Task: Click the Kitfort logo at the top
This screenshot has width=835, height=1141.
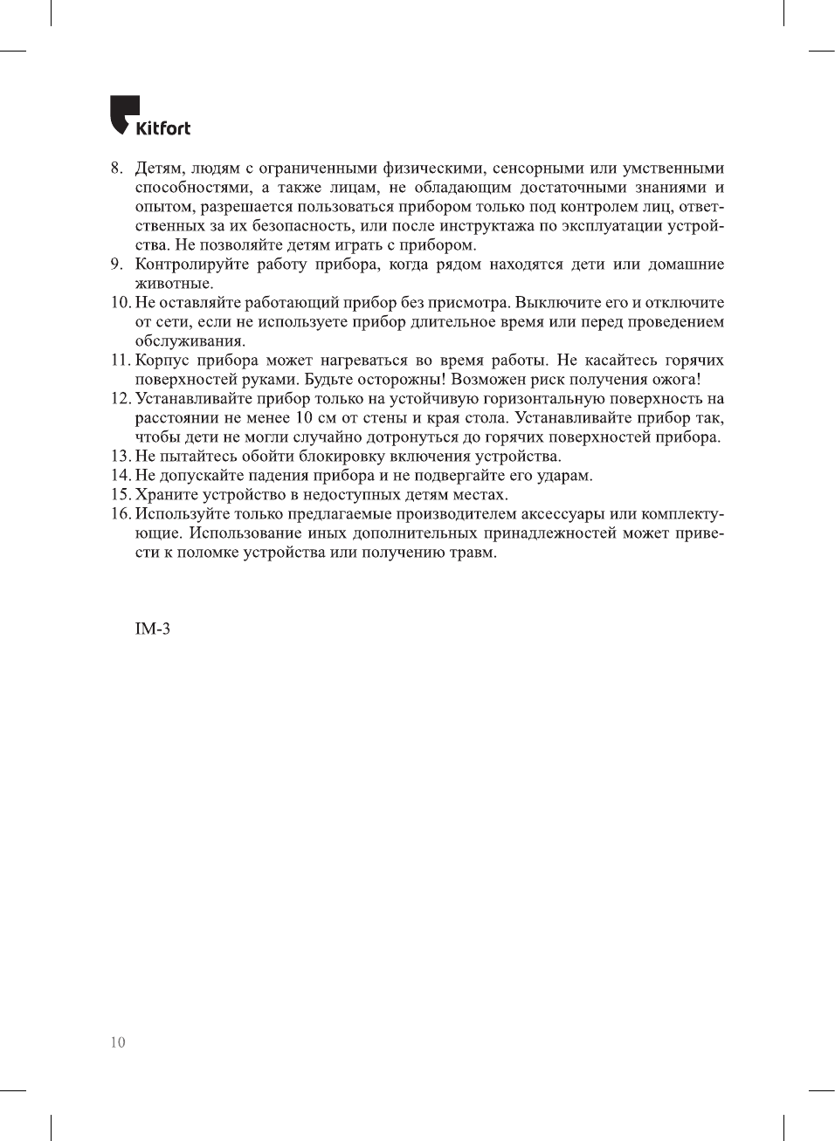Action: pyautogui.click(x=149, y=116)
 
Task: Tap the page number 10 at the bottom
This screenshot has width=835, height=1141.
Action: pyautogui.click(x=118, y=1041)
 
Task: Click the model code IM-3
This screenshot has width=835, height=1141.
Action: pyautogui.click(x=152, y=629)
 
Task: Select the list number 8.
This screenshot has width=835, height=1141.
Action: pyautogui.click(x=116, y=168)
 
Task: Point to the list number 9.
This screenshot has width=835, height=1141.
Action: pyautogui.click(x=116, y=264)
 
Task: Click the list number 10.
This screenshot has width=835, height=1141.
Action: pyautogui.click(x=120, y=302)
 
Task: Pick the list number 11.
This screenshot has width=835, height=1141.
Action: pyautogui.click(x=120, y=360)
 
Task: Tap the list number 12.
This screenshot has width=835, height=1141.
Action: pyautogui.click(x=120, y=398)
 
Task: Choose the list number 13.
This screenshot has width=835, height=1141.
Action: pyautogui.click(x=120, y=456)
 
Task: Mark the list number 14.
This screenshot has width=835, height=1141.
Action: pyautogui.click(x=120, y=475)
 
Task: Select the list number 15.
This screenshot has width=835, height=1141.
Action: pyautogui.click(x=120, y=494)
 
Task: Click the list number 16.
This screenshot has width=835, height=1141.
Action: pyautogui.click(x=120, y=513)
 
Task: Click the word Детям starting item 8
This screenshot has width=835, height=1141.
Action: pyautogui.click(x=159, y=168)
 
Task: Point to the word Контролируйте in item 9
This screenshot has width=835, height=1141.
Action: pyautogui.click(x=191, y=264)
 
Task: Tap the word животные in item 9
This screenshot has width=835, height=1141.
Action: pyautogui.click(x=173, y=284)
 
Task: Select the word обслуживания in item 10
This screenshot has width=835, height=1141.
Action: pyautogui.click(x=190, y=341)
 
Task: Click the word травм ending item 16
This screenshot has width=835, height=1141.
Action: pyautogui.click(x=473, y=552)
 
